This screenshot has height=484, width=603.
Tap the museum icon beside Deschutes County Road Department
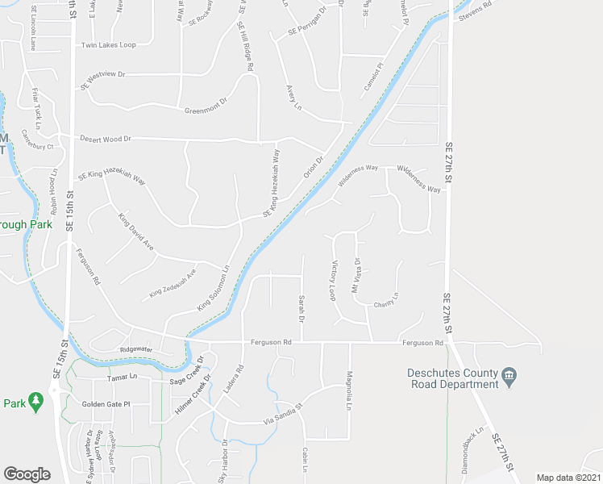509,376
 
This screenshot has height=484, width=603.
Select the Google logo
27,474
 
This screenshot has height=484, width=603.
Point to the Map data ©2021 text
569,478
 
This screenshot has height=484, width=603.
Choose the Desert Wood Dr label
105,139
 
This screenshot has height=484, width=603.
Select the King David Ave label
135,232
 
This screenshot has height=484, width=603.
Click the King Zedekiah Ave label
173,284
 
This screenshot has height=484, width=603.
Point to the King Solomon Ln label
214,289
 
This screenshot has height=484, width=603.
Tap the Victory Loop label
333,280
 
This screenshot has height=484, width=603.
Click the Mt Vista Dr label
356,276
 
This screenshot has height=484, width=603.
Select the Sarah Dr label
301,309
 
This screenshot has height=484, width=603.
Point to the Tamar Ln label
123,378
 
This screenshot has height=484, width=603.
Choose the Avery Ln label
293,98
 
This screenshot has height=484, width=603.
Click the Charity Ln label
386,304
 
